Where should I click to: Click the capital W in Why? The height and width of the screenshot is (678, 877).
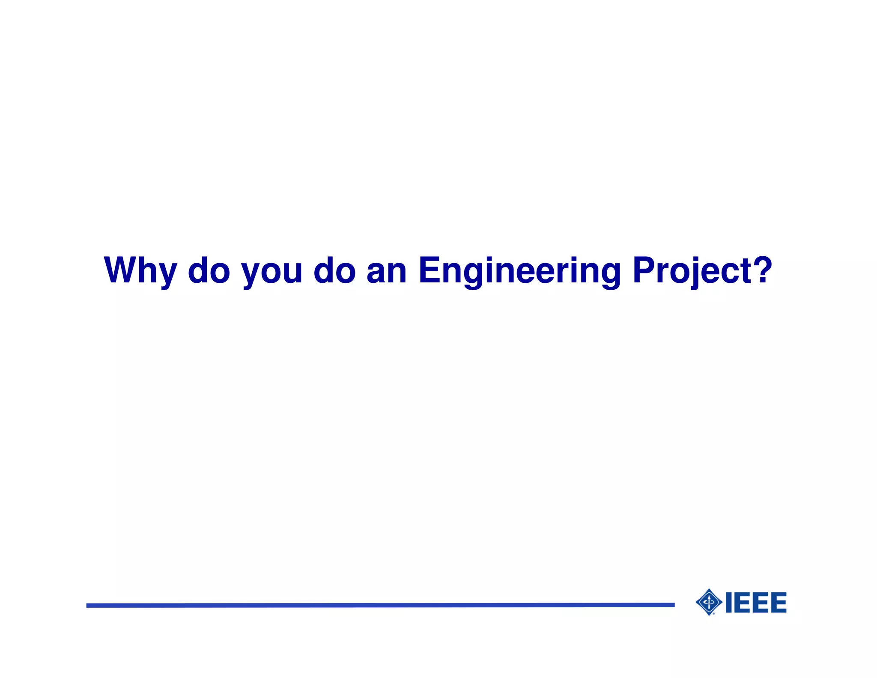121,270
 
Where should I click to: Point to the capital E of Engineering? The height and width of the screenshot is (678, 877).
430,270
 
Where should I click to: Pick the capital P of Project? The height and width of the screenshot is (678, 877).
644,270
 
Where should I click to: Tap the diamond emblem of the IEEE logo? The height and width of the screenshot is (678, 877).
709,602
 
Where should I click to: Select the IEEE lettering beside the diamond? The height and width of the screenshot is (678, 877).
756,603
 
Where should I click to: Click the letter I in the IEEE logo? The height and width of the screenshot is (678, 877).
728,603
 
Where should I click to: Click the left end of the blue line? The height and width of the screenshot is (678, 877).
88,606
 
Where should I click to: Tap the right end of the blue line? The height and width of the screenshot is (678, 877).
673,605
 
